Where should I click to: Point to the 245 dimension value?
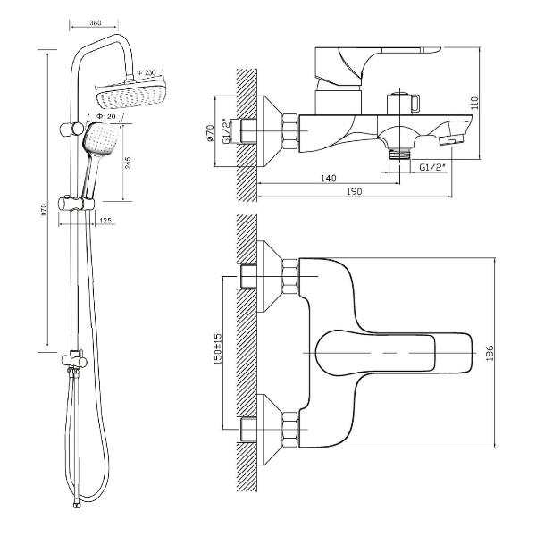tap(130, 162)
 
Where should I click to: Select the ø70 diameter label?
tap(212, 135)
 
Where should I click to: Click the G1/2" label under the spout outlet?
tap(433, 165)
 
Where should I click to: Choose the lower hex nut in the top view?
tap(289, 429)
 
